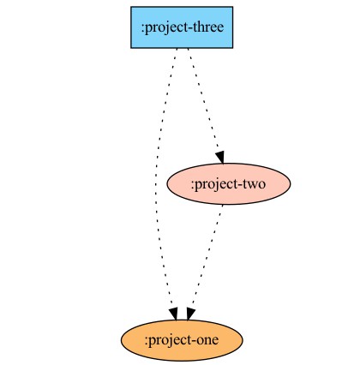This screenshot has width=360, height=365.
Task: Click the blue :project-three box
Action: tap(182, 27)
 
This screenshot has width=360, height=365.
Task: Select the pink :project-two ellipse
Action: tap(229, 184)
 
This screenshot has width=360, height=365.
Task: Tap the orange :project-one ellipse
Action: tap(182, 340)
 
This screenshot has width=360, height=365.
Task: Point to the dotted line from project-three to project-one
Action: tap(156, 182)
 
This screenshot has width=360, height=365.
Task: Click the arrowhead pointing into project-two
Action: tap(220, 158)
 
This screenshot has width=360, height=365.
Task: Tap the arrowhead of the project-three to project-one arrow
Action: tap(174, 314)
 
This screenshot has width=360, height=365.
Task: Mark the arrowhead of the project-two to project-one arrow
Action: tap(190, 314)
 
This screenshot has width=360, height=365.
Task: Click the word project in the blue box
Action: tap(167, 28)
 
